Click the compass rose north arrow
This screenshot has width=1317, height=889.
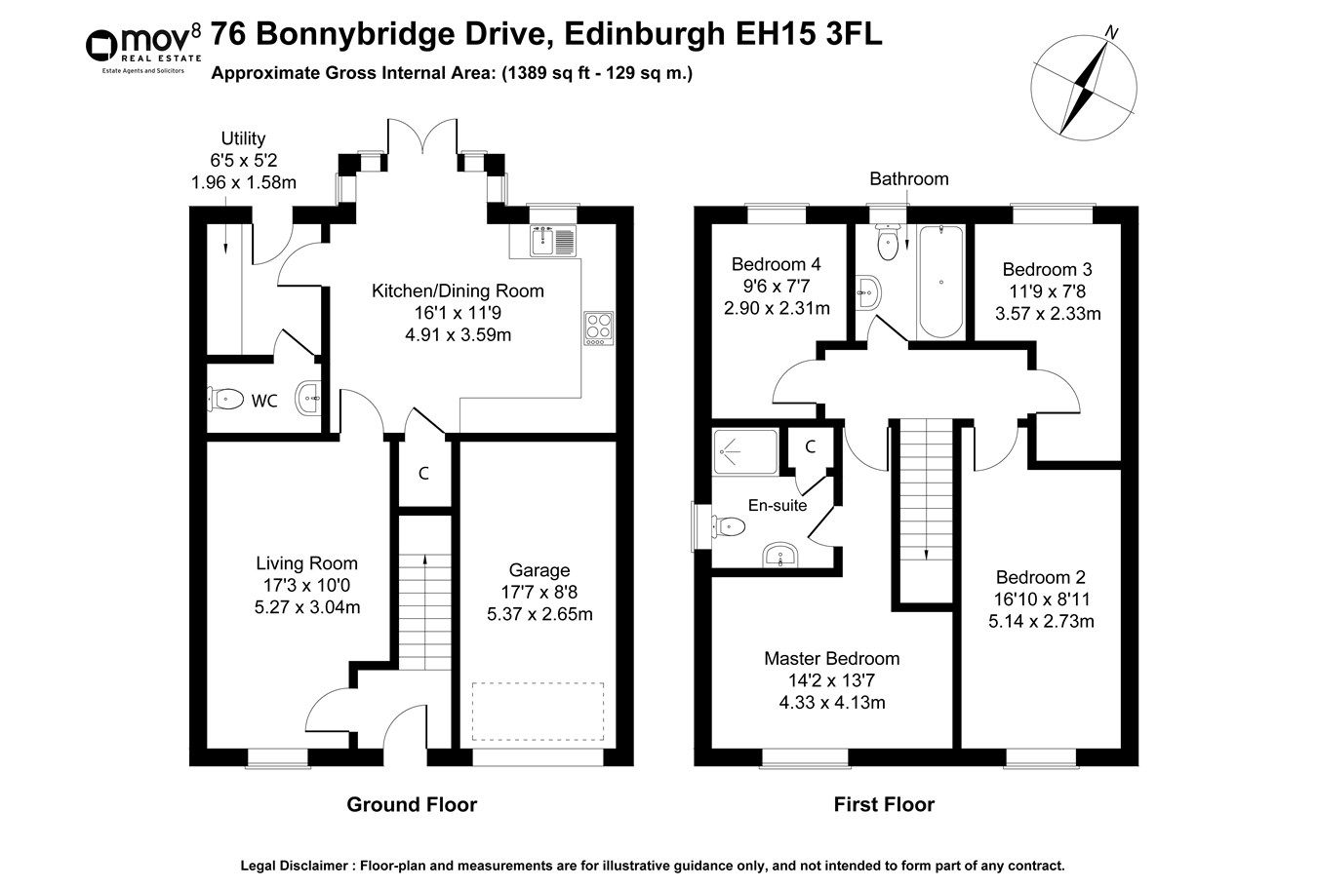1083,85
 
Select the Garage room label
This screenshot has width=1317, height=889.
539,570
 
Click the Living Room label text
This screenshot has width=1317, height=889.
306,563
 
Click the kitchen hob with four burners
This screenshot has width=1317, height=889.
597,328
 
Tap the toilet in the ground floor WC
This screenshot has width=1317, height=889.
225,398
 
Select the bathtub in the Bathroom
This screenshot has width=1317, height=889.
940,282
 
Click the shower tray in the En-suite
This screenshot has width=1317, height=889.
745,452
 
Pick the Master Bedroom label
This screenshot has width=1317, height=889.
831,659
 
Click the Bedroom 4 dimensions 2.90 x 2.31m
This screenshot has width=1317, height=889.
776,309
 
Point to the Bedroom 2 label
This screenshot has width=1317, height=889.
1040,577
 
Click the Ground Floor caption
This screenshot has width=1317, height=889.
412,805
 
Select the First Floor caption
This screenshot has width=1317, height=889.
883,805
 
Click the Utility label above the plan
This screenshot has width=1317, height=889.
243,138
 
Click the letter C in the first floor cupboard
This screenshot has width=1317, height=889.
810,446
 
